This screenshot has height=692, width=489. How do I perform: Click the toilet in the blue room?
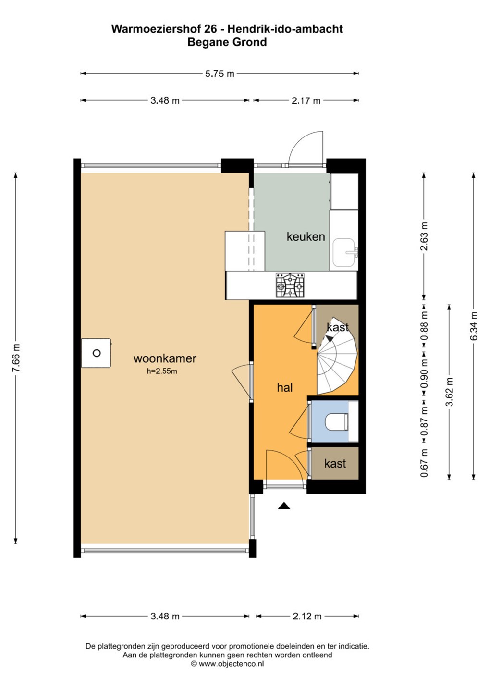click(337, 421)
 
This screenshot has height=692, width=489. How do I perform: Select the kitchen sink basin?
click(344, 252)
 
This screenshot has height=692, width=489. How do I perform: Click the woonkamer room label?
click(165, 358)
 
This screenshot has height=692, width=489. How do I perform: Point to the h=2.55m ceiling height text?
click(162, 371)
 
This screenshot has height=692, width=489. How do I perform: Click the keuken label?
click(306, 236)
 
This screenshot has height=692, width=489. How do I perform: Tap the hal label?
click(285, 387)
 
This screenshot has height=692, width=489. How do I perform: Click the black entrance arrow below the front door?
click(284, 506)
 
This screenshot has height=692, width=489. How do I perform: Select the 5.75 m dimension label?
click(220, 74)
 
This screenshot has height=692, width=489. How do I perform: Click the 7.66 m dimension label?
click(16, 358)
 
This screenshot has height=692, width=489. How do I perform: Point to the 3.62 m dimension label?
click(449, 391)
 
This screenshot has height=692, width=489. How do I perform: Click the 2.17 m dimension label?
click(306, 101)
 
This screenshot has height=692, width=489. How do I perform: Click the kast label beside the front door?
click(335, 463)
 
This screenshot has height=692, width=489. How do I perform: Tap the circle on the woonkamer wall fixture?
click(97, 353)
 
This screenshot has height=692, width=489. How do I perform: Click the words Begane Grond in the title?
click(227, 42)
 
